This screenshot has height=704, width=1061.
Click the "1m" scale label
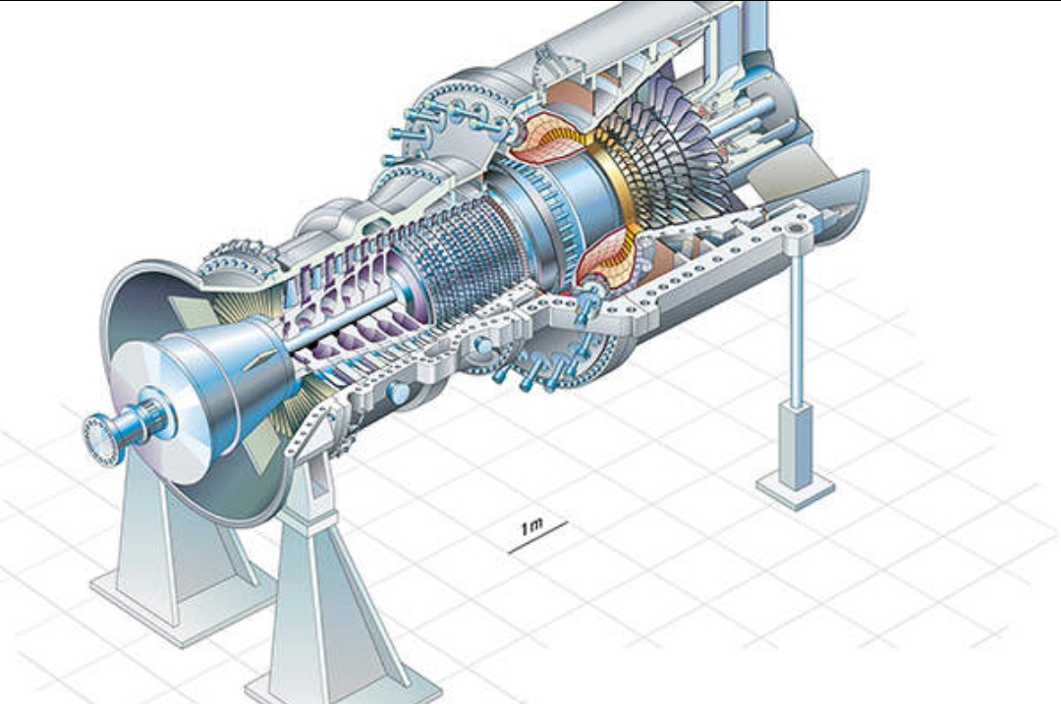pyautogui.click(x=531, y=526)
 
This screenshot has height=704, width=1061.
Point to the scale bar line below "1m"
pyautogui.click(x=538, y=537)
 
